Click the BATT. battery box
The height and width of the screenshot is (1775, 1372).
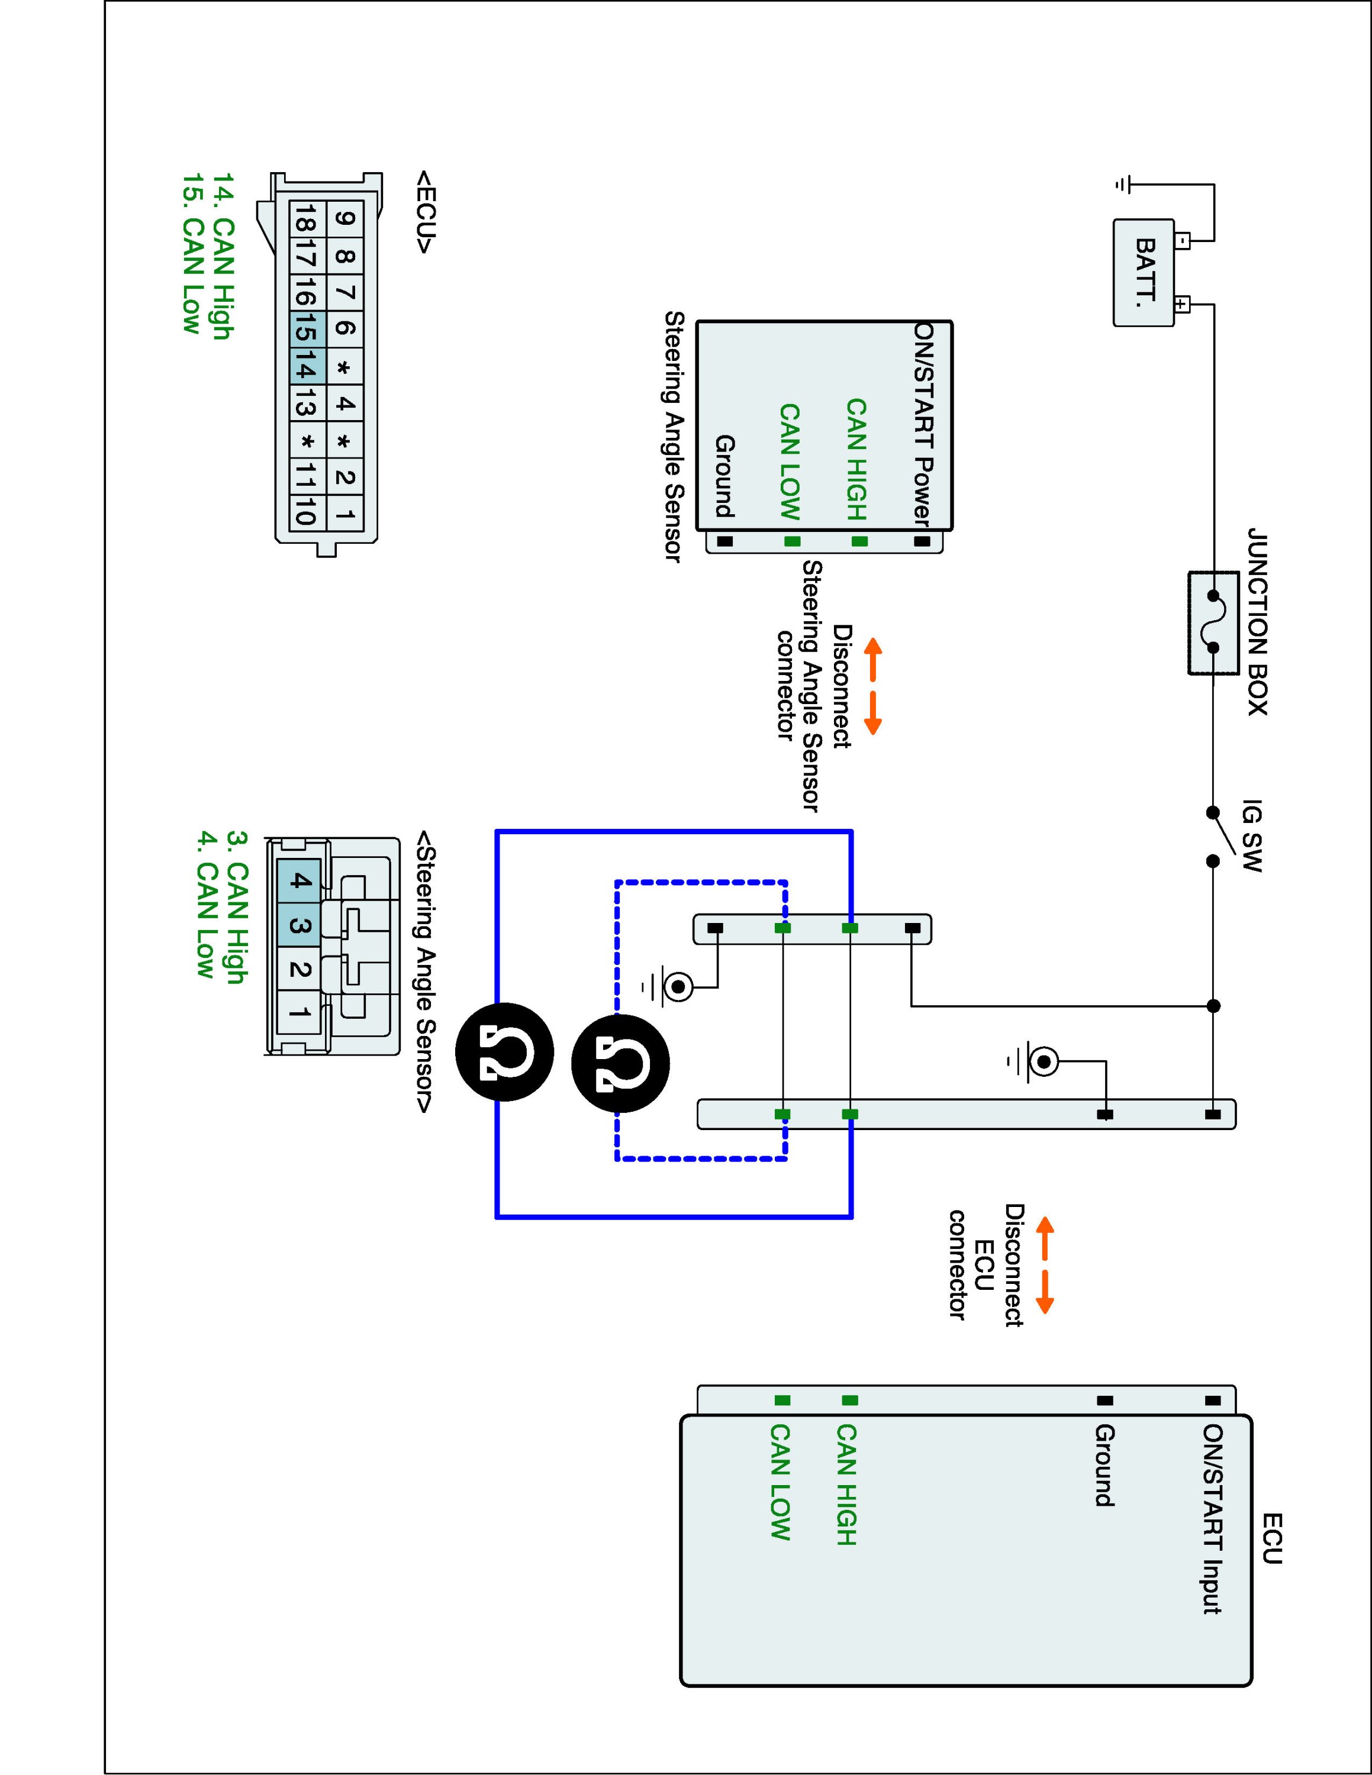[1144, 272]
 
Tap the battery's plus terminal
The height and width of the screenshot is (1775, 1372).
[1183, 305]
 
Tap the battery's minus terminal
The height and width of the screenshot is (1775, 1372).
[1183, 241]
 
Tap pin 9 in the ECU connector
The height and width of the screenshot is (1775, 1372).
[344, 218]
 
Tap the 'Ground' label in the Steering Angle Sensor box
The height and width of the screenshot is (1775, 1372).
[725, 476]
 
